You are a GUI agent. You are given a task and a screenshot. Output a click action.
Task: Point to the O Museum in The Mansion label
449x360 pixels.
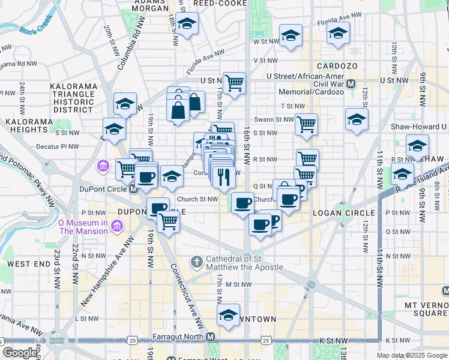(x=82, y=227)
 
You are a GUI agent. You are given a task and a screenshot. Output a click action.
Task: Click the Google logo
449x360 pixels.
(x=20, y=353)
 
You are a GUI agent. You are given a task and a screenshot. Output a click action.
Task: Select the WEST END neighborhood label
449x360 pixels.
(x=29, y=263)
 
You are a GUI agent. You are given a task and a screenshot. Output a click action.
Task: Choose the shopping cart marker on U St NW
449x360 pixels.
(x=234, y=82)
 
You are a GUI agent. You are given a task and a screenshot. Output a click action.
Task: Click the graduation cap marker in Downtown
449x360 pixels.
(x=228, y=315)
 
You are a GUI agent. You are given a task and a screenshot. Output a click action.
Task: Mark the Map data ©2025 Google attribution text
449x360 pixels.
(x=412, y=356)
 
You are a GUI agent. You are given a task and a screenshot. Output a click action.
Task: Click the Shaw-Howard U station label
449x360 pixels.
(x=419, y=127)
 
